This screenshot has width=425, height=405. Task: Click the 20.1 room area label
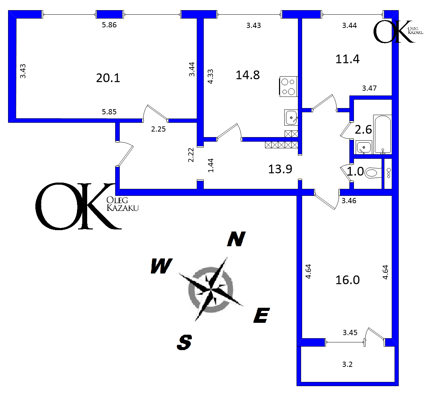tap(108, 78)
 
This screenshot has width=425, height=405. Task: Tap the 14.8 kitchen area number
tap(248, 75)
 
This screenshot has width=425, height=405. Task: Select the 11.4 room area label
tap(347, 59)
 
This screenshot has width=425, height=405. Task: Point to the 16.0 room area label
tap(347, 280)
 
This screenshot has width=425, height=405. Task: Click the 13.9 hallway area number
tap(280, 169)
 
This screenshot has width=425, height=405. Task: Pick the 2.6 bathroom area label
tap(363, 130)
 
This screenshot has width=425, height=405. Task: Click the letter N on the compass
tap(236, 239)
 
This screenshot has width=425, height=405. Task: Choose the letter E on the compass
tap(261, 315)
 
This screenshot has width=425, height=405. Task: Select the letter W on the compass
tap(161, 266)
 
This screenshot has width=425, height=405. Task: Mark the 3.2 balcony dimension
tap(347, 364)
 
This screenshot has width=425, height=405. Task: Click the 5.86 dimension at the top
tap(109, 25)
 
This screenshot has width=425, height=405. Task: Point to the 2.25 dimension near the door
tap(158, 129)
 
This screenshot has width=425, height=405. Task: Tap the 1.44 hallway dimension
tap(211, 165)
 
